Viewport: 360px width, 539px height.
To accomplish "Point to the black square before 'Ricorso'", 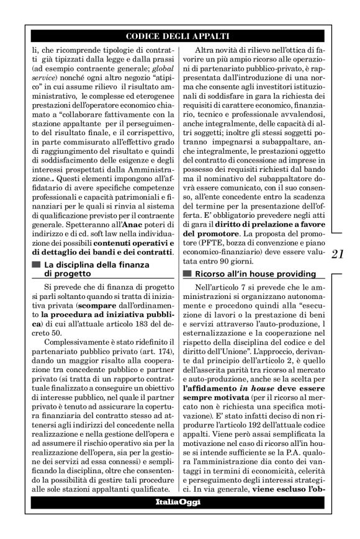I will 187,274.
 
